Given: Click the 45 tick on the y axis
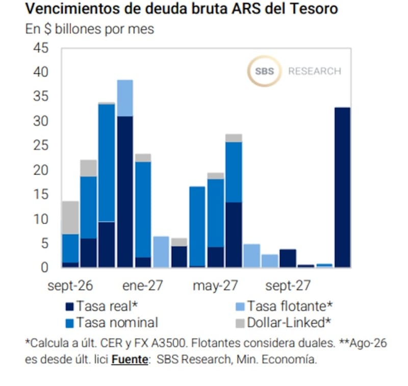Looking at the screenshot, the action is pyautogui.click(x=41, y=48).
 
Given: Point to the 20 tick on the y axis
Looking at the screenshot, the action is pyautogui.click(x=41, y=170).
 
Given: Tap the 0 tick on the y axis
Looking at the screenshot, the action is pyautogui.click(x=44, y=268).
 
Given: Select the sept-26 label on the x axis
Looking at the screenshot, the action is pyautogui.click(x=70, y=286).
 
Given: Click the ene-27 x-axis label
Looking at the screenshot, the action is pyautogui.click(x=143, y=286).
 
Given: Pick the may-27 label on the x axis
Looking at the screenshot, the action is pyautogui.click(x=215, y=286).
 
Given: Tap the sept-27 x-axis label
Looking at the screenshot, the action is pyautogui.click(x=288, y=286).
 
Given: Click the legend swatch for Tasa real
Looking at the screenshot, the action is pyautogui.click(x=70, y=306).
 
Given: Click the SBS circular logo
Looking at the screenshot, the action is pyautogui.click(x=264, y=71).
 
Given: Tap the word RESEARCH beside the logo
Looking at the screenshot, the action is pyautogui.click(x=315, y=71).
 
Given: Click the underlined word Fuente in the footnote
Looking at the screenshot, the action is pyautogui.click(x=130, y=359).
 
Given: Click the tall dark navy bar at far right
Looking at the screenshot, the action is pyautogui.click(x=342, y=187).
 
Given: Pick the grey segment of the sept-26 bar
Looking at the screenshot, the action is pyautogui.click(x=70, y=218).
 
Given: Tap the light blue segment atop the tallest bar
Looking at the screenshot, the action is pyautogui.click(x=125, y=98).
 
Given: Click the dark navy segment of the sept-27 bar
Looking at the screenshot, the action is pyautogui.click(x=288, y=259).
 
